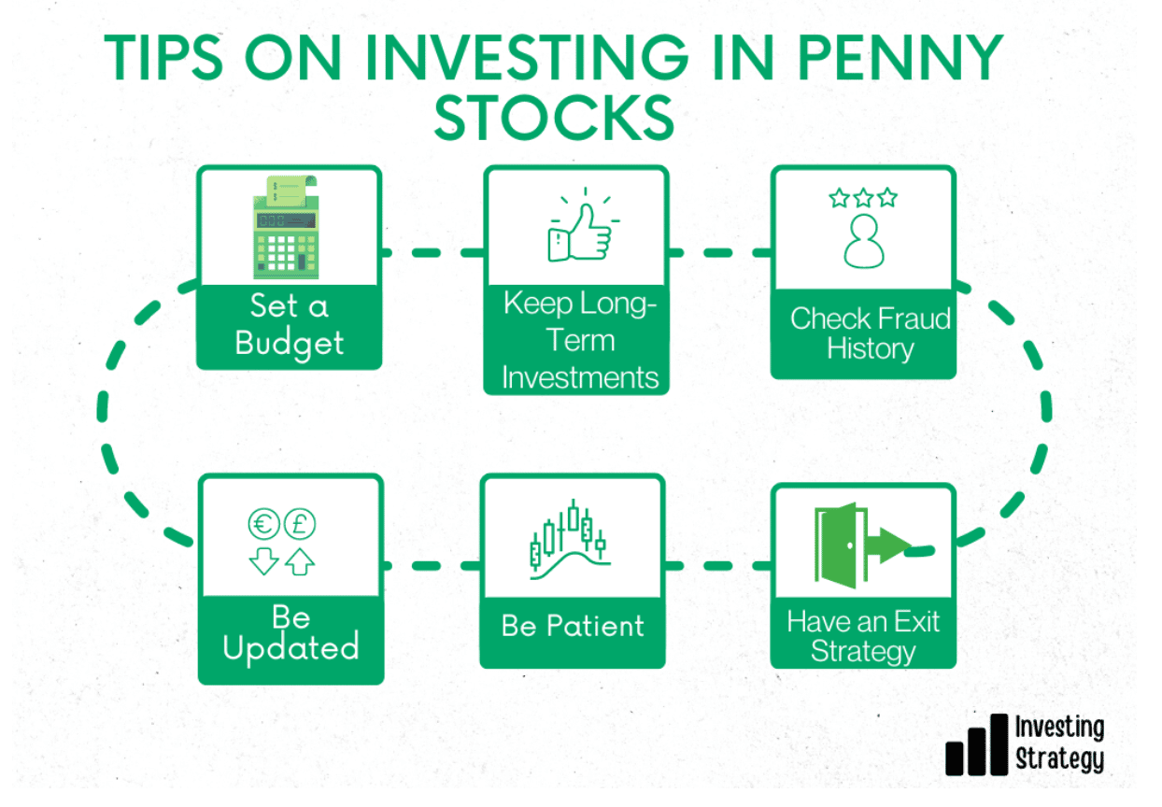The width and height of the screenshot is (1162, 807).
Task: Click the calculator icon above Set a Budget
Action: click(x=285, y=227)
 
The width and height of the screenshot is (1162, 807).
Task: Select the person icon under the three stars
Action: click(x=864, y=242)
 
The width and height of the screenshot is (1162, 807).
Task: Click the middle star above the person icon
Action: click(x=864, y=198)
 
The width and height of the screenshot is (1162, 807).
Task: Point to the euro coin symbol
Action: click(x=264, y=523)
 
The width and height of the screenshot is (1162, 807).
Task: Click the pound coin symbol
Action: click(x=299, y=523)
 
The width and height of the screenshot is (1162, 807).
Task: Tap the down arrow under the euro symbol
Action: click(x=263, y=561)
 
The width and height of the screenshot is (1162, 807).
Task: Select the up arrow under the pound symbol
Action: click(x=300, y=561)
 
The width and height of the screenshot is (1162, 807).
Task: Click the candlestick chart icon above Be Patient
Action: click(x=570, y=539)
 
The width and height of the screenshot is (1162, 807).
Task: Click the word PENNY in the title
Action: click(x=900, y=57)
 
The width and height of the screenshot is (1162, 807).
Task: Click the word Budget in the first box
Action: click(x=289, y=344)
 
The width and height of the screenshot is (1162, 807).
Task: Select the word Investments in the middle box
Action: click(x=580, y=377)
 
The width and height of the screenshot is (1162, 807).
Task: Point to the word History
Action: click(x=871, y=348)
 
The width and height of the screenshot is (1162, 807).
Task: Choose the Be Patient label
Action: click(x=573, y=626)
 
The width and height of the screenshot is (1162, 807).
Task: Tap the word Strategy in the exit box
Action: click(x=863, y=651)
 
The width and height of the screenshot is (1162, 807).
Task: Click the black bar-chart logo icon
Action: click(x=977, y=744)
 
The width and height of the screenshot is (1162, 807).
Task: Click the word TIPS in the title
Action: click(x=163, y=57)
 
